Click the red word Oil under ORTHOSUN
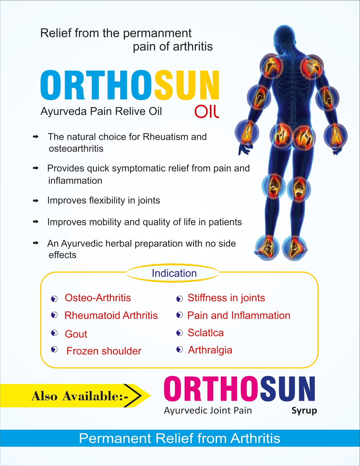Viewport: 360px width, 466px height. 207,112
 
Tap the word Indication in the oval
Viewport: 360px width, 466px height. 174,273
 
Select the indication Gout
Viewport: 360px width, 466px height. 76,334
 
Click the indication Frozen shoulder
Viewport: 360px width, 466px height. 104,351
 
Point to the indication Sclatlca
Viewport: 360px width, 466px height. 205,333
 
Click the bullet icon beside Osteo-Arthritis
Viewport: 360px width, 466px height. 54,299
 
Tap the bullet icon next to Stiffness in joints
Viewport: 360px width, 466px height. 180,299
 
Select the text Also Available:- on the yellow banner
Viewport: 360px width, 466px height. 80,396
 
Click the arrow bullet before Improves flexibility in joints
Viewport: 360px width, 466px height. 36,201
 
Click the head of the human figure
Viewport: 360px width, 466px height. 285,36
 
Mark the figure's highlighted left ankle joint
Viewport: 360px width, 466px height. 267,248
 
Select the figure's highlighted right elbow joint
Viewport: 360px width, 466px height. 327,98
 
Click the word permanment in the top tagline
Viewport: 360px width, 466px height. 157,34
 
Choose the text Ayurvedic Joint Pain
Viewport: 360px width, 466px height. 208,411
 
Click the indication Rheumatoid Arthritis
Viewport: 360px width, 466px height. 111,315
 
